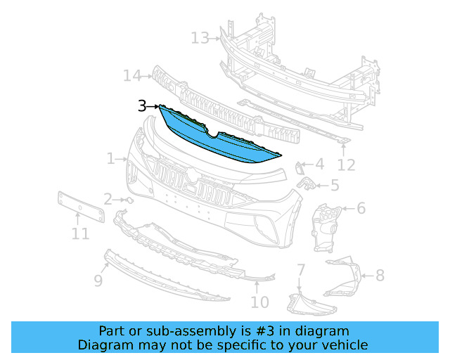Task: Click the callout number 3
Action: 142,106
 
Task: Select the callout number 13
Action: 200,37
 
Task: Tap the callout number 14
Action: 131,75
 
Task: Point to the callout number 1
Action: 110,159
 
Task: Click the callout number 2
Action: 108,200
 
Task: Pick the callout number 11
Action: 80,233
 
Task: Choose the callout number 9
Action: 98,281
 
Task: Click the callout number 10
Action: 259,302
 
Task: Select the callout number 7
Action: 300,269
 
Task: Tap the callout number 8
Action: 380,276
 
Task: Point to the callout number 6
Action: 361,208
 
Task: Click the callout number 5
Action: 334,186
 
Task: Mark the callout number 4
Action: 319,165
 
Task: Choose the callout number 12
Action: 346,165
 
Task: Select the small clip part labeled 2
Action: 129,200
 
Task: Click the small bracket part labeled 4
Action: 299,167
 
